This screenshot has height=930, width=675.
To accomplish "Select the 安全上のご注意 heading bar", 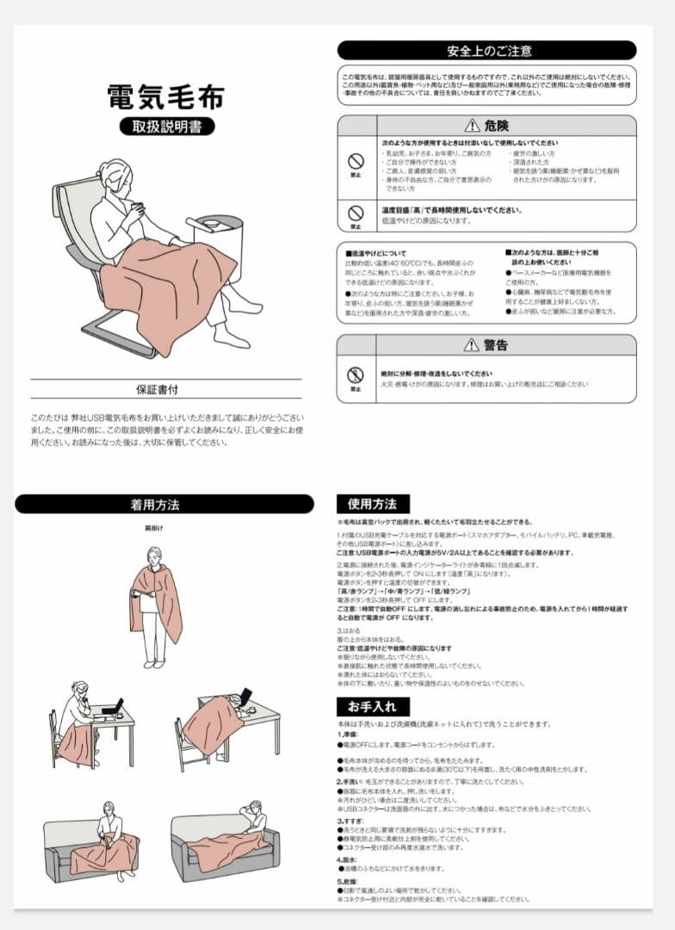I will pyautogui.click(x=486, y=51).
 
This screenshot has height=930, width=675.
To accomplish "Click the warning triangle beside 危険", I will pyautogui.click(x=471, y=126).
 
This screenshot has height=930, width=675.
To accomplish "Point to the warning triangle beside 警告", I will pyautogui.click(x=470, y=345).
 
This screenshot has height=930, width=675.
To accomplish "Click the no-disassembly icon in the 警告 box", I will pyautogui.click(x=355, y=375).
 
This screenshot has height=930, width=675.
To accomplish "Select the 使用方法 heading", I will pyautogui.click(x=373, y=505).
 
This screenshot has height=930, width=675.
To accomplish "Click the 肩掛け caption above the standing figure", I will pyautogui.click(x=154, y=527).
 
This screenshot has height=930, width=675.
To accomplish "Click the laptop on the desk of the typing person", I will pyautogui.click(x=112, y=706).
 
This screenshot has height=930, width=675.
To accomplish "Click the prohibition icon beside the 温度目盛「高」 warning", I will pyautogui.click(x=355, y=213).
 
